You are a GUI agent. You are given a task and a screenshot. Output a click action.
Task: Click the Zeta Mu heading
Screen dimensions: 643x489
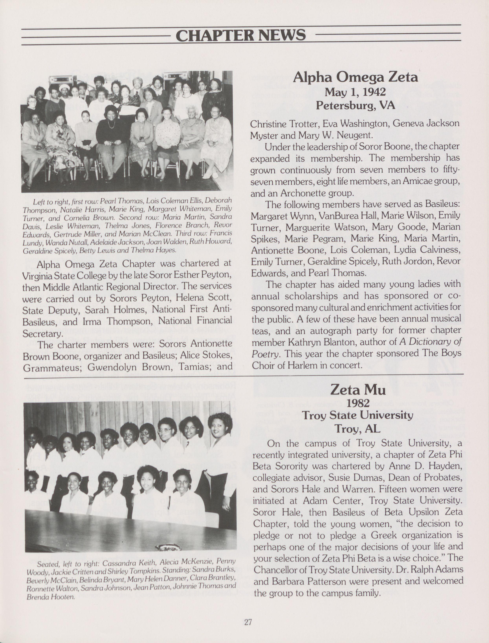coord(358,390)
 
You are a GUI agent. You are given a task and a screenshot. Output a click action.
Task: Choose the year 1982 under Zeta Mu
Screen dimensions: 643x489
coord(358,403)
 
